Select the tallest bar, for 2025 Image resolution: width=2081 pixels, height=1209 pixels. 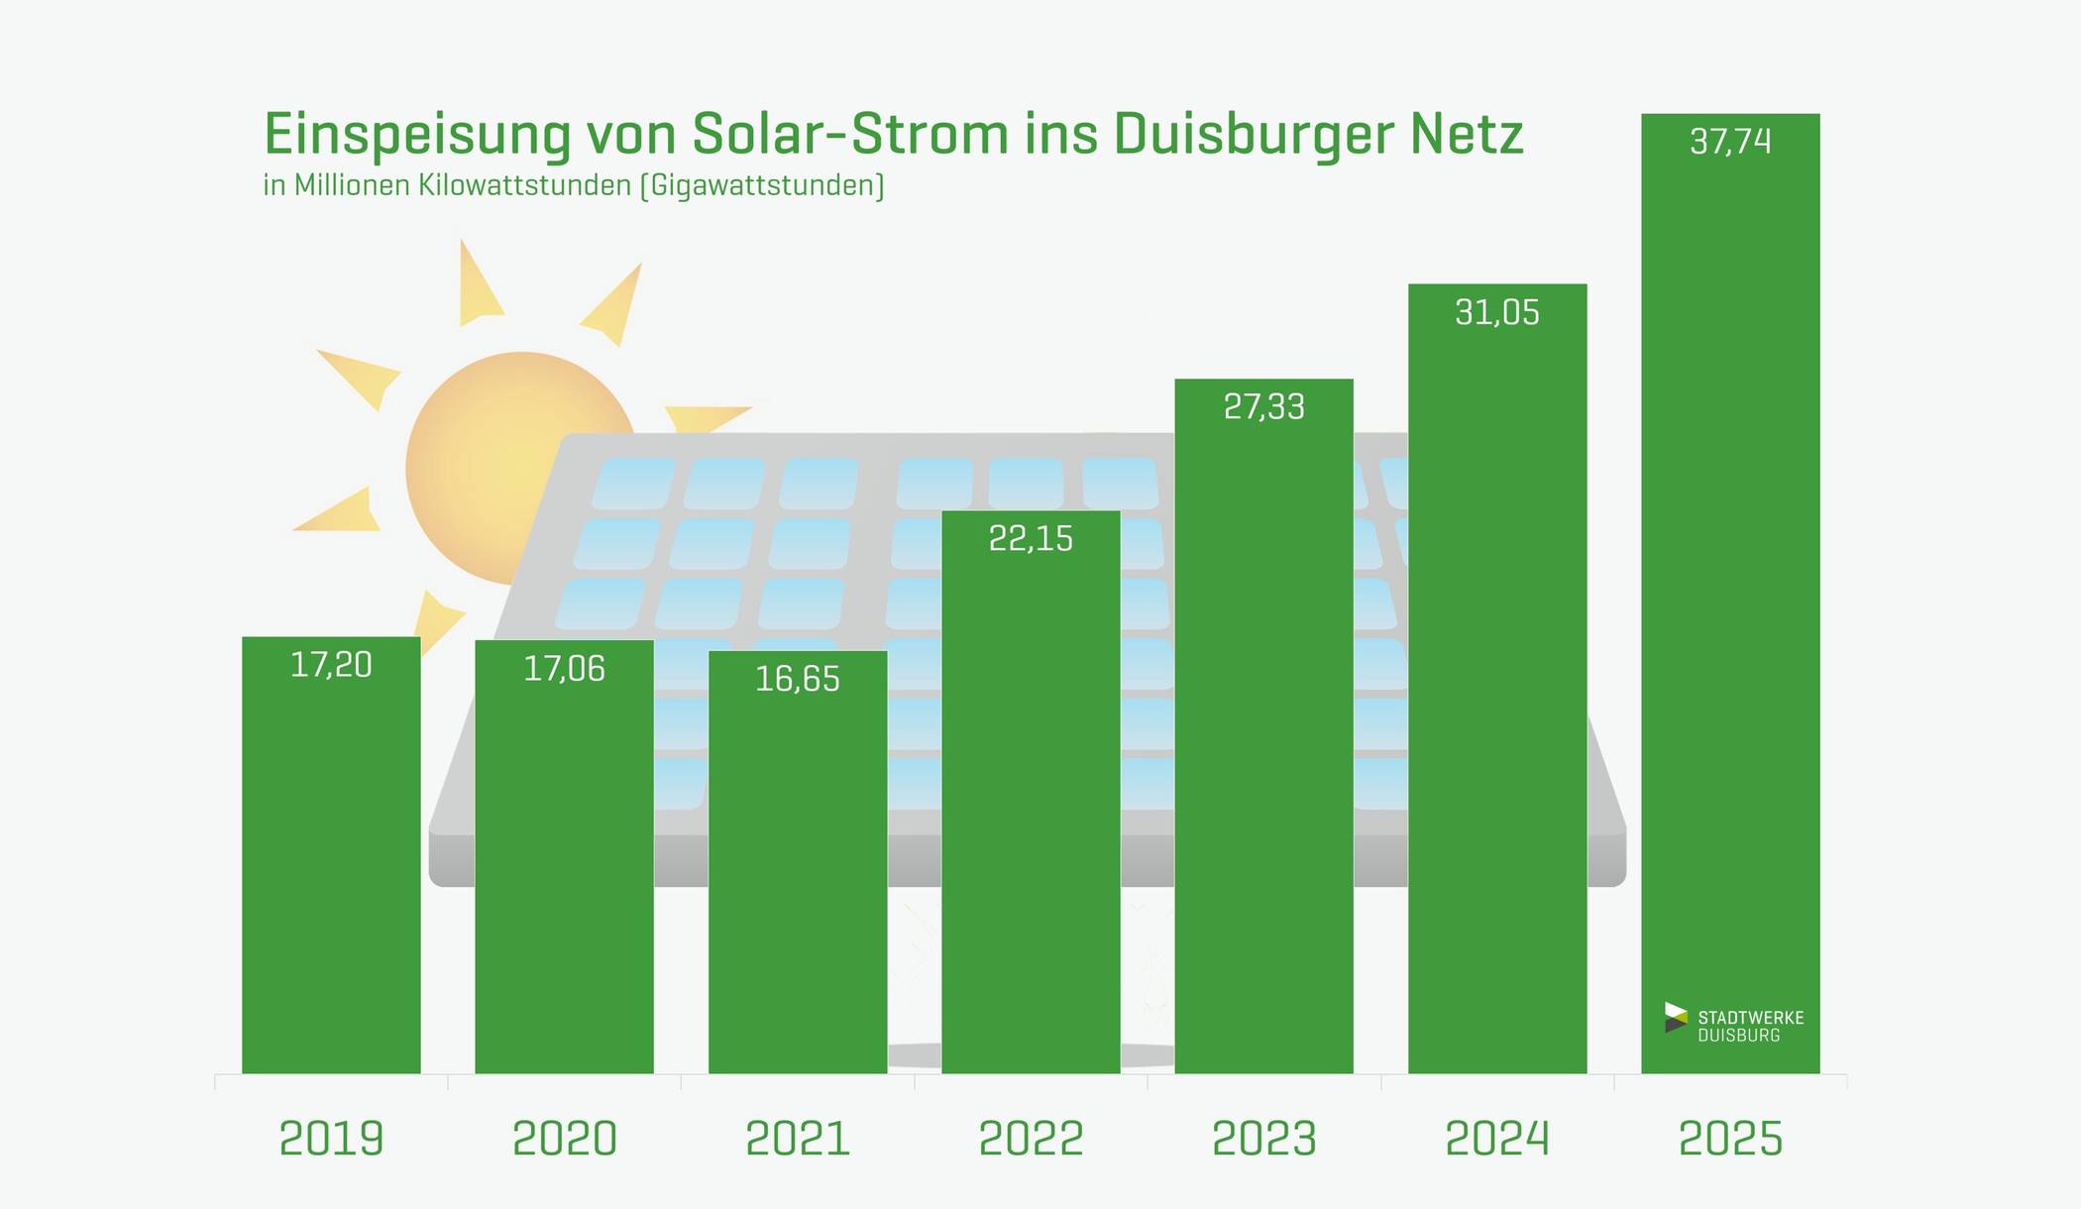pyautogui.click(x=1730, y=595)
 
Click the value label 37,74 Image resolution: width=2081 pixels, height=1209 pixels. pyautogui.click(x=1730, y=142)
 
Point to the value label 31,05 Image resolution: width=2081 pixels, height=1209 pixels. pyautogui.click(x=1497, y=312)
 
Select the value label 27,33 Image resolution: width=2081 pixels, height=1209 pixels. pyautogui.click(x=1263, y=406)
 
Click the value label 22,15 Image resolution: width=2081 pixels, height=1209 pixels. pyautogui.click(x=1031, y=538)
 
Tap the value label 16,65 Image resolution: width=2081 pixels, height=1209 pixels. pyautogui.click(x=797, y=679)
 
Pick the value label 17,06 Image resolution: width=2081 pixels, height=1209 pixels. pyautogui.click(x=564, y=669)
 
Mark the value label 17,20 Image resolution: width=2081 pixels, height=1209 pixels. pyautogui.click(x=331, y=664)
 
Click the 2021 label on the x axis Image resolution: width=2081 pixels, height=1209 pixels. pyautogui.click(x=798, y=1138)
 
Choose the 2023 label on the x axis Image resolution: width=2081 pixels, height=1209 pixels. pyautogui.click(x=1263, y=1138)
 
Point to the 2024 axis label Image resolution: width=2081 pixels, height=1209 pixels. pyautogui.click(x=1497, y=1138)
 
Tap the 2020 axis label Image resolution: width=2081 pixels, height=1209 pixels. pyautogui.click(x=565, y=1138)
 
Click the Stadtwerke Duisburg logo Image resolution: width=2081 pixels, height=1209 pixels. pyautogui.click(x=1734, y=1025)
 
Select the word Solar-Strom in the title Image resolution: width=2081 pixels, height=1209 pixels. pyautogui.click(x=849, y=135)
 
